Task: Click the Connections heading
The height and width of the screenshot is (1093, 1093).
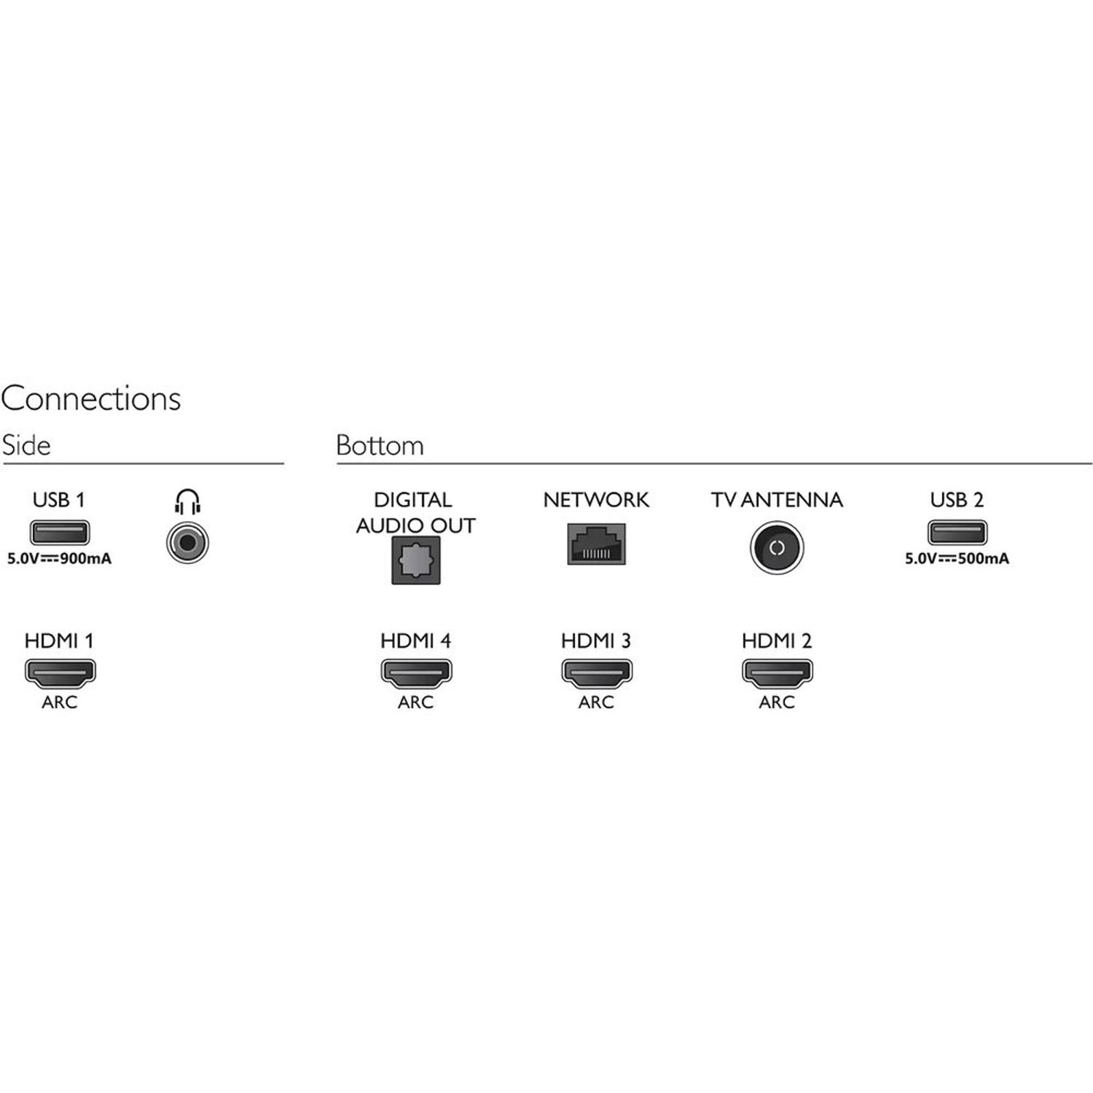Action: tap(91, 399)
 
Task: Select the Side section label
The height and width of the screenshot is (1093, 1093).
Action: tap(26, 445)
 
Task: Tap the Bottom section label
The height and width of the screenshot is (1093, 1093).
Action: tap(380, 445)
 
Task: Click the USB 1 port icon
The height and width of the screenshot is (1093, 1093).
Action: tap(59, 533)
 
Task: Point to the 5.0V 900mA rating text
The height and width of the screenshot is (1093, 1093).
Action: tap(59, 560)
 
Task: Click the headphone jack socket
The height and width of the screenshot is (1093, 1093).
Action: tap(187, 543)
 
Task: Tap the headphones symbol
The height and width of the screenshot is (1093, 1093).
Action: tap(187, 502)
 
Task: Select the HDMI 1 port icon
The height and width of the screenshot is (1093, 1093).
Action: tap(60, 673)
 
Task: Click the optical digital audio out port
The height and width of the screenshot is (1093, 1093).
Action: tap(416, 560)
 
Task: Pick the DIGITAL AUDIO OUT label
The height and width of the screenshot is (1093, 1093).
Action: tap(415, 512)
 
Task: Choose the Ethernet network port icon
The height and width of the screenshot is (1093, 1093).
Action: tap(596, 544)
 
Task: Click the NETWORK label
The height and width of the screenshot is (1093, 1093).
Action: tap(596, 500)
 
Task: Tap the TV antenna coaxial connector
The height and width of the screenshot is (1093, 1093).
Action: tap(777, 548)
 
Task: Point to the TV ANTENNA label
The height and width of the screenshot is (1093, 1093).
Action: tap(777, 500)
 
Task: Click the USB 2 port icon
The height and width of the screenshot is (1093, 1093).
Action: tap(957, 533)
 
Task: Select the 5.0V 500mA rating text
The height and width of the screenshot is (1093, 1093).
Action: tap(957, 560)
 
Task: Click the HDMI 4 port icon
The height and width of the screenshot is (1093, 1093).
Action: tap(416, 673)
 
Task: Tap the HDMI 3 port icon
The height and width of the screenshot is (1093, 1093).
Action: tap(596, 673)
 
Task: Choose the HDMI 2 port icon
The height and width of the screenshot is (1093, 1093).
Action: tap(777, 673)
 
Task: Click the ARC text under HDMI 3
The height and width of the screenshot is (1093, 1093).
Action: tap(596, 702)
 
